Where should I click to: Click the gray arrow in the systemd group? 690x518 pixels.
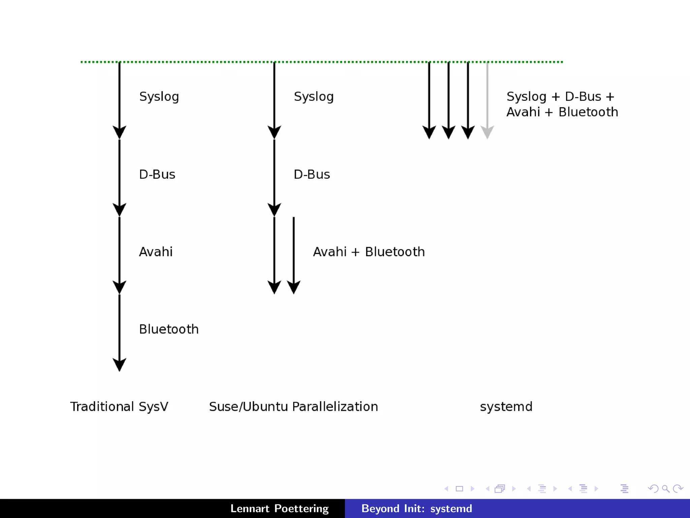tap(487, 101)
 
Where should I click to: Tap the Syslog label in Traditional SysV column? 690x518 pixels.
tap(159, 97)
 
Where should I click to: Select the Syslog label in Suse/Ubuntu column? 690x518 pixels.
tap(314, 97)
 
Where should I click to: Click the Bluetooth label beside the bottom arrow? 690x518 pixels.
tap(169, 329)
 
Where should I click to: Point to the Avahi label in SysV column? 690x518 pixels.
tap(156, 252)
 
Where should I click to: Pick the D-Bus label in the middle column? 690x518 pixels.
tap(312, 174)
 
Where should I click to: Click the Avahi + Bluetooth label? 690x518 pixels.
tap(369, 252)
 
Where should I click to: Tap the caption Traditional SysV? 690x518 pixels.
tap(119, 406)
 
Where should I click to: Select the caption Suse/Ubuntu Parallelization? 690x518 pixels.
tap(293, 406)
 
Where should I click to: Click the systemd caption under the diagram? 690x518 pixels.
tap(506, 406)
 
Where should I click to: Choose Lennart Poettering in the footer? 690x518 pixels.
tap(279, 509)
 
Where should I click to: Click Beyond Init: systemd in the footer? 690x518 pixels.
tap(417, 509)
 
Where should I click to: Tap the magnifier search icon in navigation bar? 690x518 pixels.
tap(665, 489)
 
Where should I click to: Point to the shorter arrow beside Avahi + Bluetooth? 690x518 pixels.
tap(294, 253)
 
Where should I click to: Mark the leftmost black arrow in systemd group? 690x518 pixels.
tap(429, 101)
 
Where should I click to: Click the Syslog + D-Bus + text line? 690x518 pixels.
tap(560, 97)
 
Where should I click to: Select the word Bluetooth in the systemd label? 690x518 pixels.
tap(588, 112)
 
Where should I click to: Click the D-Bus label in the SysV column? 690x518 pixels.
tap(157, 174)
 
